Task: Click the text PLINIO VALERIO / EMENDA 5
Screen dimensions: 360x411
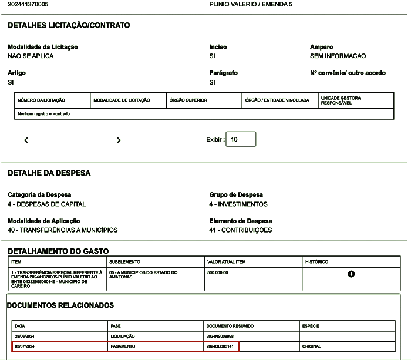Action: (x=251, y=5)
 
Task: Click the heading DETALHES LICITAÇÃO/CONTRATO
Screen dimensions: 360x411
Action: (x=69, y=26)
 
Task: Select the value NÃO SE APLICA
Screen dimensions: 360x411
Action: (x=31, y=56)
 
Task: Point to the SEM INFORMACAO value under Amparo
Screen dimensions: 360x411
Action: (x=338, y=56)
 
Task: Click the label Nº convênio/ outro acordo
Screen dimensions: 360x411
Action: (x=348, y=73)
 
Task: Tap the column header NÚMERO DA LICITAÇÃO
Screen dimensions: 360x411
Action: (x=42, y=100)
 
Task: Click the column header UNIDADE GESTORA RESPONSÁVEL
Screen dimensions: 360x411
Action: (x=341, y=100)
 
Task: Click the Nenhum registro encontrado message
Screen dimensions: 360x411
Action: (x=44, y=114)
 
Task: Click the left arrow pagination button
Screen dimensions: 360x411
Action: (x=26, y=140)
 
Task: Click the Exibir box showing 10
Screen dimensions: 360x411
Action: (x=240, y=139)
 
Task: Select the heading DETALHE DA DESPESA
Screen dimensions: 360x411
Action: (x=49, y=174)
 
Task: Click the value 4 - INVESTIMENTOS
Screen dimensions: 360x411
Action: (x=238, y=204)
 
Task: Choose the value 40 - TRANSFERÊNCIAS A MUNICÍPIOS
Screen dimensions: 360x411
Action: (x=62, y=230)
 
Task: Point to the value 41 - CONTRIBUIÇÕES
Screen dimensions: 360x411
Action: (x=241, y=230)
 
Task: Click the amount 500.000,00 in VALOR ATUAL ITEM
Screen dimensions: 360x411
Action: (x=218, y=273)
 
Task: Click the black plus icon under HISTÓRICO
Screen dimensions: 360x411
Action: (x=351, y=274)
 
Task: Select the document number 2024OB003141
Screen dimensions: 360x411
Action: (x=221, y=346)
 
